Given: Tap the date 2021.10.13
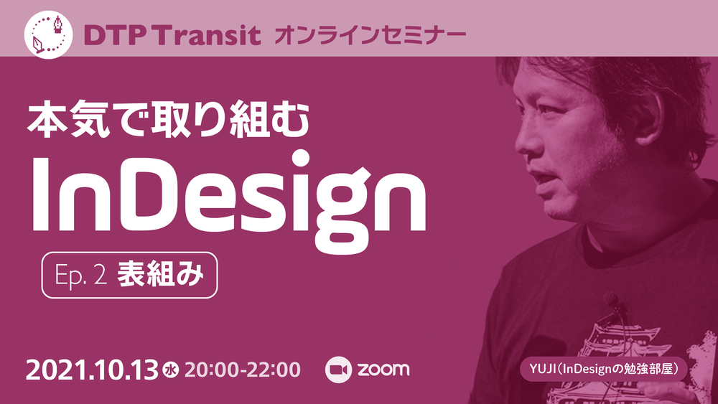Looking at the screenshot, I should pos(92,370).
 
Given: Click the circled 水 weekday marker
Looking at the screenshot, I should pos(172,371).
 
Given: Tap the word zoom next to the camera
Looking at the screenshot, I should pos(383,370).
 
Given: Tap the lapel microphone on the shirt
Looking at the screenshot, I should pos(611,299).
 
